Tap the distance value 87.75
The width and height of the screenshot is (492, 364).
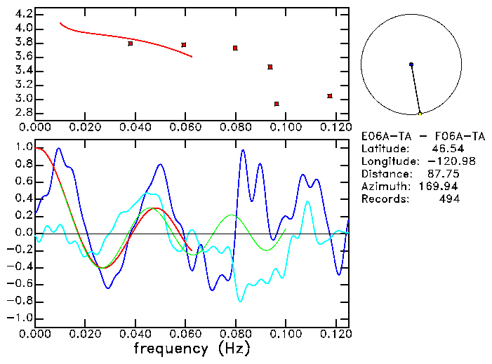(445, 175)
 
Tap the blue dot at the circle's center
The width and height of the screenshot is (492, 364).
(411, 65)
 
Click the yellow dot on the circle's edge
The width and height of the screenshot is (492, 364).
(420, 114)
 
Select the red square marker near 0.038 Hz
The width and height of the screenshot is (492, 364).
(131, 43)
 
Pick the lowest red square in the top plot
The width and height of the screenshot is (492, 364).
(277, 104)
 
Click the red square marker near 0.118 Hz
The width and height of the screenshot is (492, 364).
(330, 96)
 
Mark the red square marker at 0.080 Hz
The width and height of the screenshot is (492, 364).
(235, 48)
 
